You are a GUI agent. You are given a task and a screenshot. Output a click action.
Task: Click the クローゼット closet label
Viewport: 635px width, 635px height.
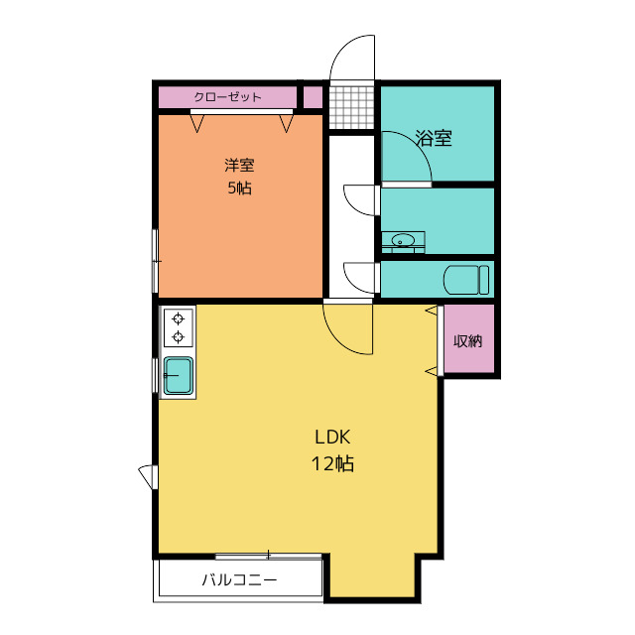point(227,97)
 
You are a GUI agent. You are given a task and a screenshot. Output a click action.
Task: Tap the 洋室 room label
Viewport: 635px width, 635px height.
point(239,166)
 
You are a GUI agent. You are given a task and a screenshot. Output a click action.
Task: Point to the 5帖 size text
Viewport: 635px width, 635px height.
point(239,188)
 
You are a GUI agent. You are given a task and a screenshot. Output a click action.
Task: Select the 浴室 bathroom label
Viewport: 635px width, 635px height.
point(434,138)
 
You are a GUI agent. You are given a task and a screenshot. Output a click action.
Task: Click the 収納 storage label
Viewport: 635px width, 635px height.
point(467,341)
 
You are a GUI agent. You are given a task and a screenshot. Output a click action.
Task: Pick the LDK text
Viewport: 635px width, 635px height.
point(332,437)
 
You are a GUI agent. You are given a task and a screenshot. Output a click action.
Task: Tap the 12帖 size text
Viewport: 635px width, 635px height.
point(332,463)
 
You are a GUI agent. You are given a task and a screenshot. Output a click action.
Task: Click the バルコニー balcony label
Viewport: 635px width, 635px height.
point(239,579)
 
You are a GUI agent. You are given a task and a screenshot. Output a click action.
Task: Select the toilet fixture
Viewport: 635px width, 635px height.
point(466,280)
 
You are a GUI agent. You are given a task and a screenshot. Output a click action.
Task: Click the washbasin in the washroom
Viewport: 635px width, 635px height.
point(403,241)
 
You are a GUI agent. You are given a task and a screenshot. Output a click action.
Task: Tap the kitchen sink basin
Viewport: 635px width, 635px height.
point(178,376)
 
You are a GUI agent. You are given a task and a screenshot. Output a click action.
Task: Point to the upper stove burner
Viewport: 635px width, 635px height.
point(179,319)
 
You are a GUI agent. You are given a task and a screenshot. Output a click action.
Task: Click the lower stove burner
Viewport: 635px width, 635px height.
point(179,337)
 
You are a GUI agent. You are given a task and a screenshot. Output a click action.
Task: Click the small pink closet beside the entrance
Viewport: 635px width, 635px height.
point(314,97)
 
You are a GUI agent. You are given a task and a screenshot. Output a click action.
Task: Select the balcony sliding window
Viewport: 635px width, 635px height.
point(269,556)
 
